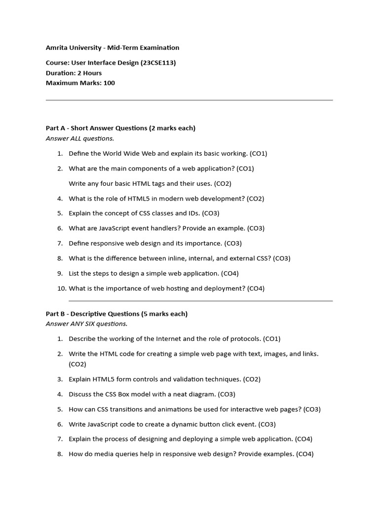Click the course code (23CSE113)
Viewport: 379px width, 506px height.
point(158,63)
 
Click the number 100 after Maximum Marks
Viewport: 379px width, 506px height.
point(109,83)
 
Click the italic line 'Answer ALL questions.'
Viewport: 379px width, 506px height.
point(80,138)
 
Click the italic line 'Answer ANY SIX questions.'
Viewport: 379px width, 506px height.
point(86,324)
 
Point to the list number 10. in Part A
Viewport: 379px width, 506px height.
point(62,289)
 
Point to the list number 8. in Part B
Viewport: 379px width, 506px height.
point(60,454)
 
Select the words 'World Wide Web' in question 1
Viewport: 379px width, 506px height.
point(122,154)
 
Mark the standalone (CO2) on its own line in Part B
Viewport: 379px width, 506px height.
point(77,364)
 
